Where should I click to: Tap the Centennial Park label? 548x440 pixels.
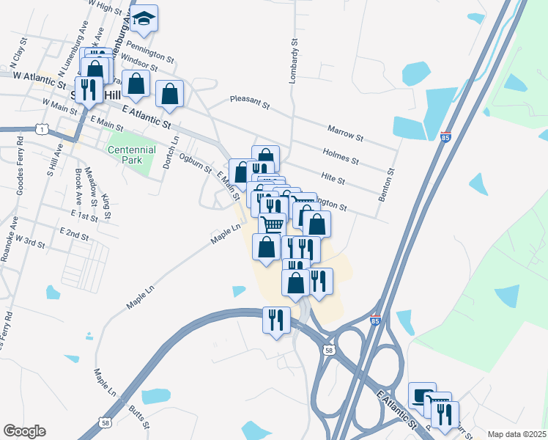[x=132, y=155]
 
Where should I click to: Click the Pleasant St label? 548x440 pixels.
[x=251, y=100]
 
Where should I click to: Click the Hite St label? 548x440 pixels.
[x=333, y=177]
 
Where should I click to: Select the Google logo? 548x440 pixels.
[x=24, y=431]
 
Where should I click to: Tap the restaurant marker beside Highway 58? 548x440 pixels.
[x=276, y=319]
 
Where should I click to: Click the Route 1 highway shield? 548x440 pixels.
[x=44, y=130]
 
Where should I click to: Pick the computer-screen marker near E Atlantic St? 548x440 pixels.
[x=422, y=395]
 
